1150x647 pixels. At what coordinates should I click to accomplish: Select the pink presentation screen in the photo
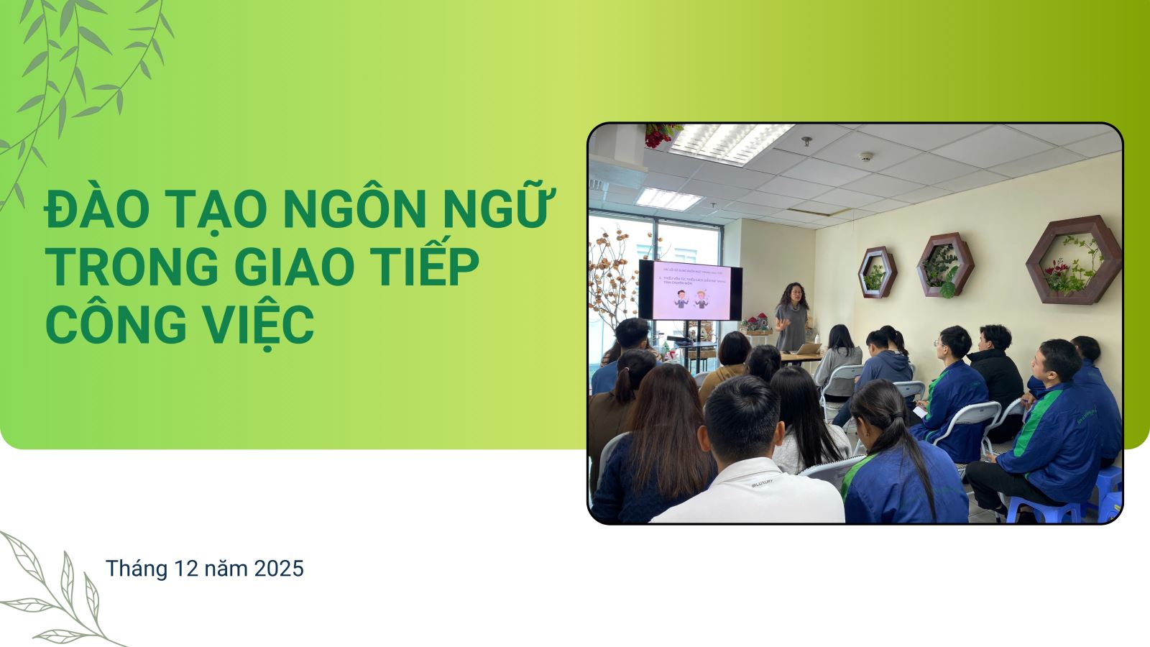691,291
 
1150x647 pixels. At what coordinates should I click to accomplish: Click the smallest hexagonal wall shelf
877,272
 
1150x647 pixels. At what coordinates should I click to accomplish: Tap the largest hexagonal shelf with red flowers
1073,257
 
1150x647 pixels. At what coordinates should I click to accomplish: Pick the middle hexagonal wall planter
945,265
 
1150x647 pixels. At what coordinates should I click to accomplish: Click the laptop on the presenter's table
809,349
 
